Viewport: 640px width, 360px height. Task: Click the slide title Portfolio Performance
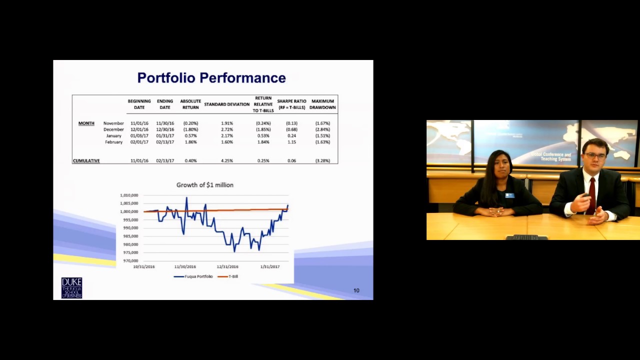(211, 78)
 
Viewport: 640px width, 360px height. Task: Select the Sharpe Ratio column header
(291, 104)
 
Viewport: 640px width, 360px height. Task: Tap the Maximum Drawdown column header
(322, 104)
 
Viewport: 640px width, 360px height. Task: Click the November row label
(113, 123)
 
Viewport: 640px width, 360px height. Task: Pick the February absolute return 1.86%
(190, 142)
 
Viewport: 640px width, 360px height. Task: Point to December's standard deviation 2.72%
(227, 129)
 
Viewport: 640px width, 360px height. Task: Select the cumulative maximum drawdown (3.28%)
(322, 161)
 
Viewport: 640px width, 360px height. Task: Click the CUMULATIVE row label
(86, 161)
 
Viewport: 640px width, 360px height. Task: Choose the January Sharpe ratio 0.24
(291, 136)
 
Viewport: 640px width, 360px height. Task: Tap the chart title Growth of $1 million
(205, 185)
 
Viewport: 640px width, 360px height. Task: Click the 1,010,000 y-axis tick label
(129, 195)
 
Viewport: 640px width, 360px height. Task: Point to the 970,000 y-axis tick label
(130, 261)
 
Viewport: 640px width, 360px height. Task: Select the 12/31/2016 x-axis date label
(227, 267)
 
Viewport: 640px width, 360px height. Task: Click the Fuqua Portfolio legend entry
(193, 276)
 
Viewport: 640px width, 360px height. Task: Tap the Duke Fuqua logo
(71, 288)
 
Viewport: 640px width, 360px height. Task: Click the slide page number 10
(356, 290)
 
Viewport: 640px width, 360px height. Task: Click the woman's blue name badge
(509, 195)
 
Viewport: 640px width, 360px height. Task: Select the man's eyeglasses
(595, 156)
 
